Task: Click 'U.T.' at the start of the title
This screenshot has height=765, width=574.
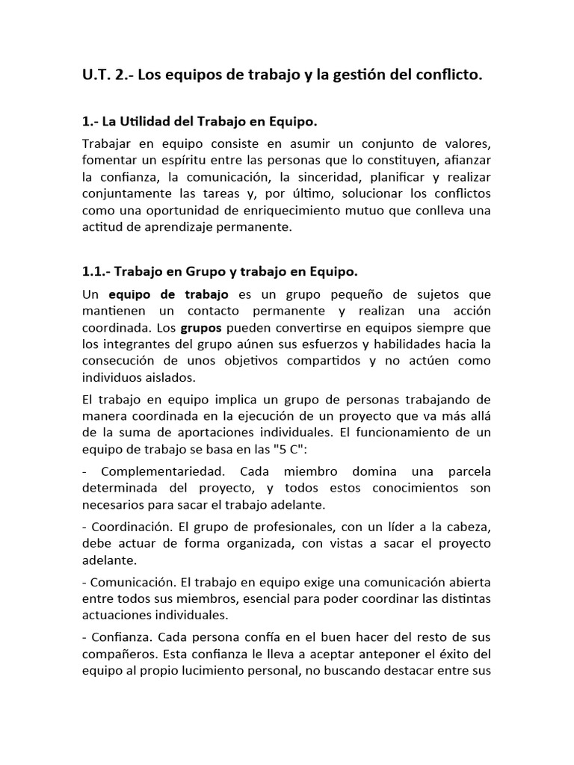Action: (x=96, y=75)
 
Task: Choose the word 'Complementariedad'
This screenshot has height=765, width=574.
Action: (x=158, y=472)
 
